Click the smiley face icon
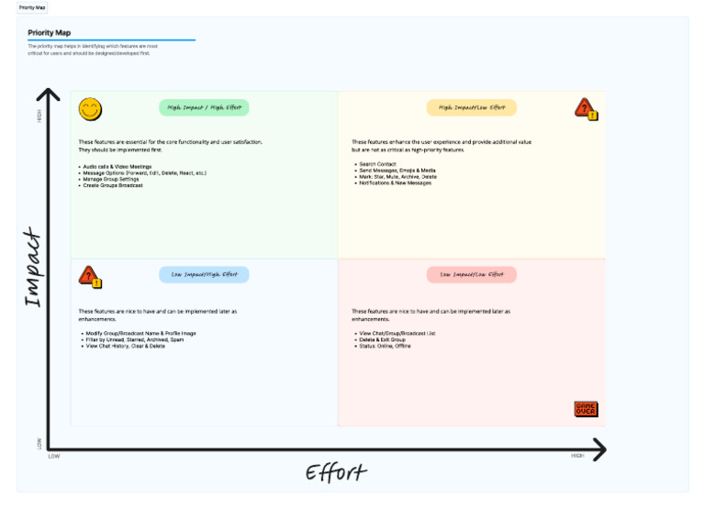click(90, 110)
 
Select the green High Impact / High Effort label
click(204, 108)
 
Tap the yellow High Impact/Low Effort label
click(472, 108)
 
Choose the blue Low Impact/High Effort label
click(204, 274)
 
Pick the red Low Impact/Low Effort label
click(472, 274)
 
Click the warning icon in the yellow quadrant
click(586, 109)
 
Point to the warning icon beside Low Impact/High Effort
click(90, 276)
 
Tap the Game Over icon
click(586, 409)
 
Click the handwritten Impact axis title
click(33, 268)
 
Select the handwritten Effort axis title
click(336, 473)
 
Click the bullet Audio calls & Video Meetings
click(117, 166)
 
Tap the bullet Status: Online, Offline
click(384, 346)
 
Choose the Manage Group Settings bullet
click(112, 179)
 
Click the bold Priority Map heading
click(50, 32)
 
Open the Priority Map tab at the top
click(32, 7)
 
